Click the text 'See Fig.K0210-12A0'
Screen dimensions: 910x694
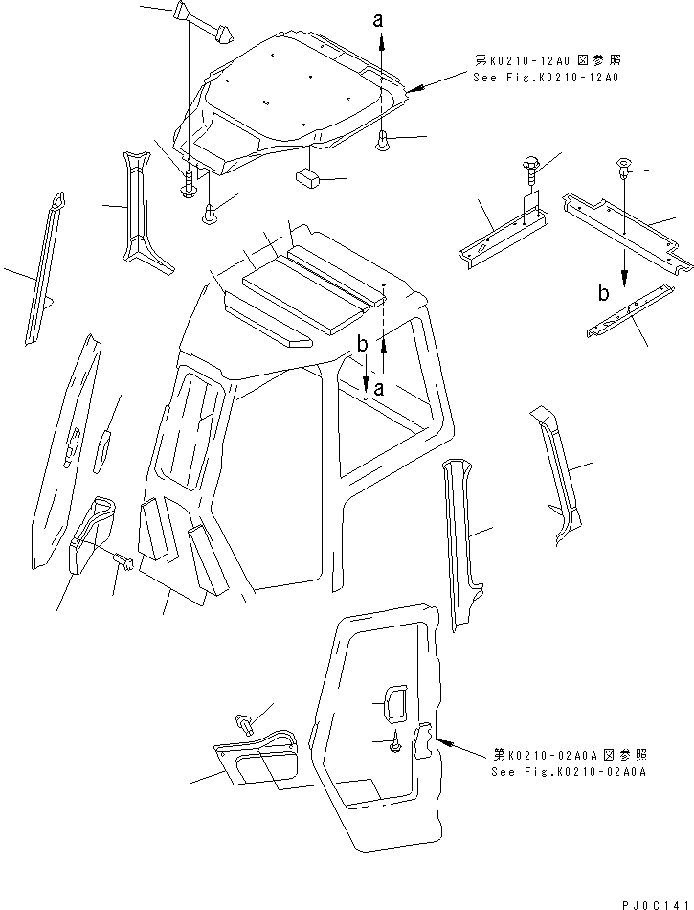coord(545,76)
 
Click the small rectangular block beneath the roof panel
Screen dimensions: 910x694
coord(307,178)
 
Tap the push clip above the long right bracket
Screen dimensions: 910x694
coord(623,171)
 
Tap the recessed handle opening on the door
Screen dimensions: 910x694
coord(392,701)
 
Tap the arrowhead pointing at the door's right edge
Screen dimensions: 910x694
coord(443,740)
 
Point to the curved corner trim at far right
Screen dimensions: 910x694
coord(555,469)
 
